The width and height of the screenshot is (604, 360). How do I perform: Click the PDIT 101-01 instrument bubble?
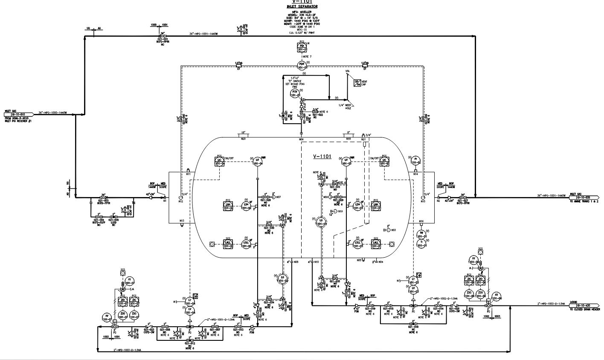click(x=302, y=65)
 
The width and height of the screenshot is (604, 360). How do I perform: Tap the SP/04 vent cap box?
click(x=357, y=82)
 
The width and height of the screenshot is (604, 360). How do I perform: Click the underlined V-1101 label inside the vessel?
click(x=322, y=157)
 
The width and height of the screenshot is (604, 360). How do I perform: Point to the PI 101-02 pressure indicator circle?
click(x=416, y=161)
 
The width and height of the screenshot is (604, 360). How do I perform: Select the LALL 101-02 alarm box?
click(x=229, y=244)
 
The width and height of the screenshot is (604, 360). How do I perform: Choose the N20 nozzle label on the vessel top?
click(x=244, y=138)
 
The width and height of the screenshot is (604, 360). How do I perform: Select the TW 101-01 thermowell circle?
click(x=421, y=233)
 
